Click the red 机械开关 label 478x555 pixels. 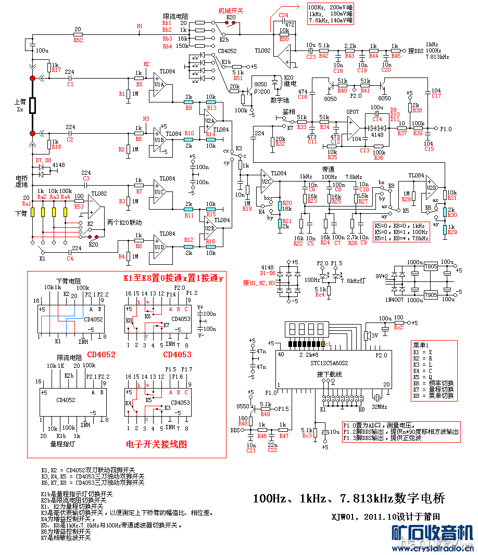230,10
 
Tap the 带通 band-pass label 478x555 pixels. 328,169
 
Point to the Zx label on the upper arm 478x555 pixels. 20,110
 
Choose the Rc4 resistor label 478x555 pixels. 320,295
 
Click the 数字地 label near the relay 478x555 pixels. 280,100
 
